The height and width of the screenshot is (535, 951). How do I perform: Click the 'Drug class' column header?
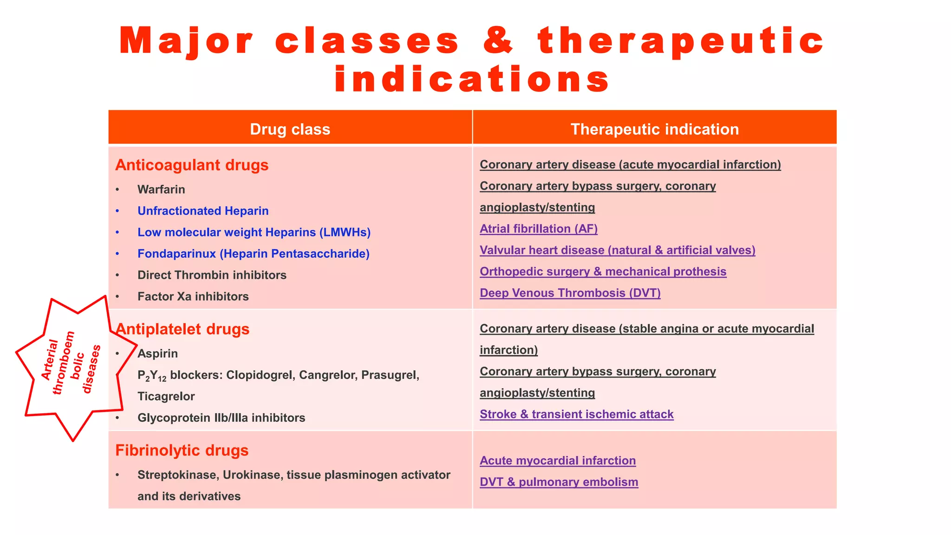pyautogui.click(x=290, y=129)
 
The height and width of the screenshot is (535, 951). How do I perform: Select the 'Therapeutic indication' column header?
pyautogui.click(x=654, y=129)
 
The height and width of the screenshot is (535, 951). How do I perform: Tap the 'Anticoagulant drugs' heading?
pyautogui.click(x=192, y=165)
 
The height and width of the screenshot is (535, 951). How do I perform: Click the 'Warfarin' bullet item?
pyautogui.click(x=161, y=189)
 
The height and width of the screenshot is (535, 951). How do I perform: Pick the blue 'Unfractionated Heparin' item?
pyautogui.click(x=203, y=211)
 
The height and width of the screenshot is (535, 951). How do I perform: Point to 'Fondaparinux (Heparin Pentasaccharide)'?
pyautogui.click(x=253, y=254)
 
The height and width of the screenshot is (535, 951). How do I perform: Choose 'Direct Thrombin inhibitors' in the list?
pyautogui.click(x=212, y=275)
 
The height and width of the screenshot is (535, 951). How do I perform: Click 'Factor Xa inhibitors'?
pyautogui.click(x=193, y=296)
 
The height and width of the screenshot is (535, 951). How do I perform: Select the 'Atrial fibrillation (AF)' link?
pyautogui.click(x=539, y=228)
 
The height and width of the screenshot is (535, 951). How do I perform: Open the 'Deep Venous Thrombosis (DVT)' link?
pyautogui.click(x=570, y=293)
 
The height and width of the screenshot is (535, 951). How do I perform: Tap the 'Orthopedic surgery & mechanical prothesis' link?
pyautogui.click(x=603, y=271)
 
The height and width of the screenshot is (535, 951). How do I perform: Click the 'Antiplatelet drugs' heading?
pyautogui.click(x=182, y=329)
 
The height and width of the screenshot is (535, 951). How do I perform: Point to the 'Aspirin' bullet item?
pyautogui.click(x=157, y=353)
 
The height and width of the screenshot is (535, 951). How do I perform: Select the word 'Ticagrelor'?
pyautogui.click(x=166, y=396)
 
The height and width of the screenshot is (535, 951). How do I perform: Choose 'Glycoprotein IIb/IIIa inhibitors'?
pyautogui.click(x=221, y=418)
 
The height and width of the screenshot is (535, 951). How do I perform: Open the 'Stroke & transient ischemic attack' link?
pyautogui.click(x=576, y=414)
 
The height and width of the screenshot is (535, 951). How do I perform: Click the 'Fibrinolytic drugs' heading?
pyautogui.click(x=182, y=450)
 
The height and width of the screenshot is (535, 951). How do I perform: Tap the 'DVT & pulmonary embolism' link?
pyautogui.click(x=559, y=482)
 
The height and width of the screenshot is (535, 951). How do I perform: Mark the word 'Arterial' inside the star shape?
pyautogui.click(x=50, y=359)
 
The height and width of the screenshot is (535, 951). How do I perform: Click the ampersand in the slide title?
pyautogui.click(x=499, y=41)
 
